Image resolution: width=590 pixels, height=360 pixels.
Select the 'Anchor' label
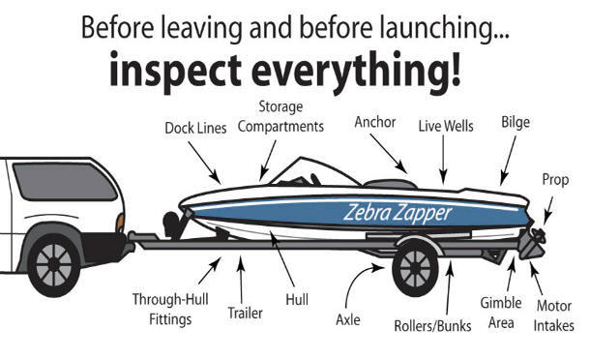point(375,123)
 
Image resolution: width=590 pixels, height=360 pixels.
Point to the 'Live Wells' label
point(446,126)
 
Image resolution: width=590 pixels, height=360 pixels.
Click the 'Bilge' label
point(515,123)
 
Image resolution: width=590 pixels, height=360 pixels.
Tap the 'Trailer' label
point(245,313)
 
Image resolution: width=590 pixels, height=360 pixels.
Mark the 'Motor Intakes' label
point(554,315)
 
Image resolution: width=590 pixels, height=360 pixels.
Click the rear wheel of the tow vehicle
point(54,262)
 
